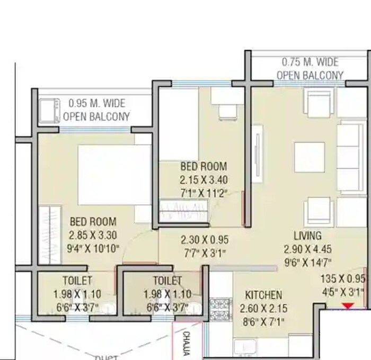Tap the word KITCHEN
tap(263, 295)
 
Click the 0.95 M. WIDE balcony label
tap(96, 104)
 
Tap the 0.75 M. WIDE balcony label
tap(310, 62)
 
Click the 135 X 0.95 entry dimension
tap(342, 280)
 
